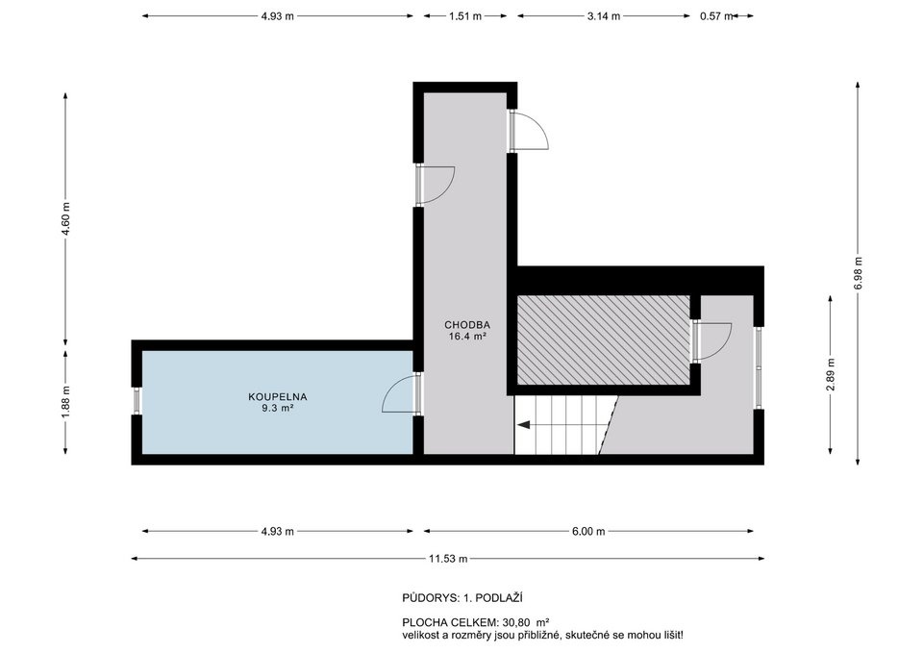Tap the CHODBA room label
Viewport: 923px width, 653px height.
pyautogui.click(x=465, y=325)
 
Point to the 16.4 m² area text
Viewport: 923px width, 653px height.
pyautogui.click(x=466, y=337)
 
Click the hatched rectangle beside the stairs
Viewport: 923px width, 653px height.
pyautogui.click(x=603, y=340)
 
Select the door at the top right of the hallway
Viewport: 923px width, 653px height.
pyautogui.click(x=528, y=131)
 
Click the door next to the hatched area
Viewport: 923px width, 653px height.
pyautogui.click(x=711, y=341)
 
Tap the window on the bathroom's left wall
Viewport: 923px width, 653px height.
pyautogui.click(x=137, y=401)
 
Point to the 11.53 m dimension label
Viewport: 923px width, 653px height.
pyautogui.click(x=448, y=559)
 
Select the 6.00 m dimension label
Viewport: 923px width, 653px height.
pyautogui.click(x=587, y=531)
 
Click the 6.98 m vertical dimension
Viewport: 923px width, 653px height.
pyautogui.click(x=857, y=273)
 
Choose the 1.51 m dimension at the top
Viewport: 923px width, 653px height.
pyautogui.click(x=464, y=16)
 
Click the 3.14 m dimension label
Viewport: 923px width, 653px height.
pyautogui.click(x=603, y=16)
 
